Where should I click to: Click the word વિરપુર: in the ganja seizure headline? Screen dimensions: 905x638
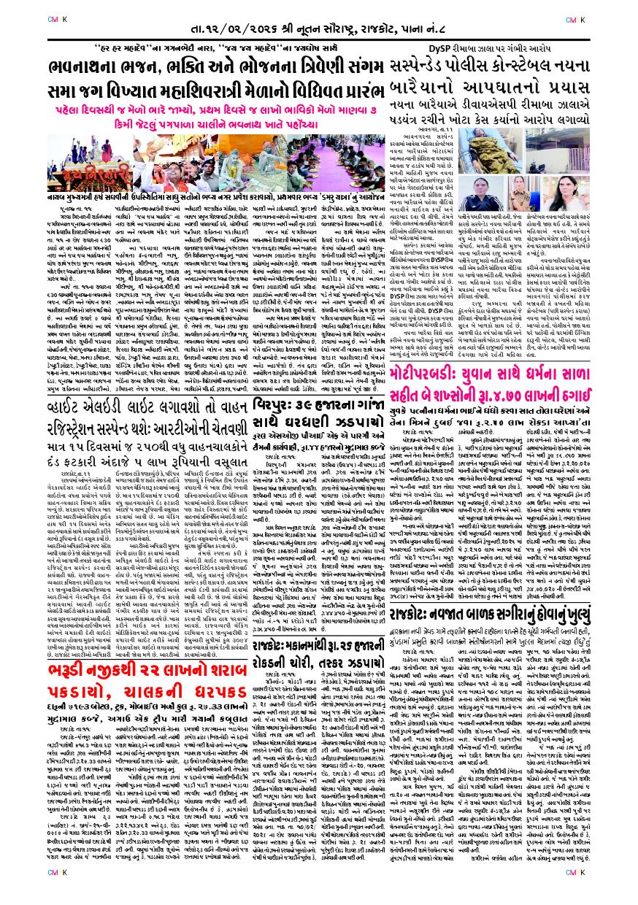[283, 400]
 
